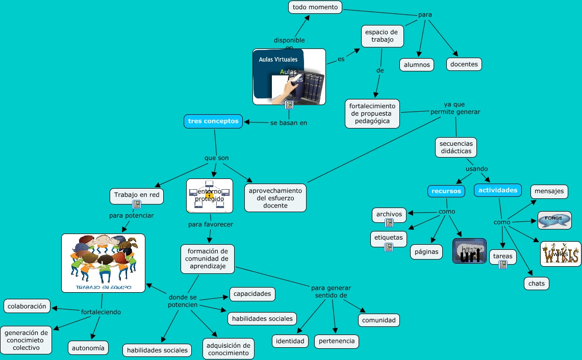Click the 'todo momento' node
tap(315, 7)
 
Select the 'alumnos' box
tap(417, 65)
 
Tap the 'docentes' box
tap(464, 64)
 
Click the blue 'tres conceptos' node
tap(213, 121)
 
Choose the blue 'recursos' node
tap(446, 191)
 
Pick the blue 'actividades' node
tap(497, 190)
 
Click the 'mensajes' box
tap(549, 192)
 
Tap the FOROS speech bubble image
tap(554, 220)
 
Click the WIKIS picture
tap(561, 254)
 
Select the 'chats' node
tap(537, 284)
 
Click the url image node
tap(469, 251)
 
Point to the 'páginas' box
tap(426, 252)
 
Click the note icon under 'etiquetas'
tap(389, 247)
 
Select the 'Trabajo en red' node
tap(137, 195)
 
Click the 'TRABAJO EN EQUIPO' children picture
tap(103, 263)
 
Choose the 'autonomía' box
tap(88, 348)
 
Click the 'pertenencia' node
tap(336, 341)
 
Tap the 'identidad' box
tap(290, 341)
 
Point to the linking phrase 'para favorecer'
tap(210, 224)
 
